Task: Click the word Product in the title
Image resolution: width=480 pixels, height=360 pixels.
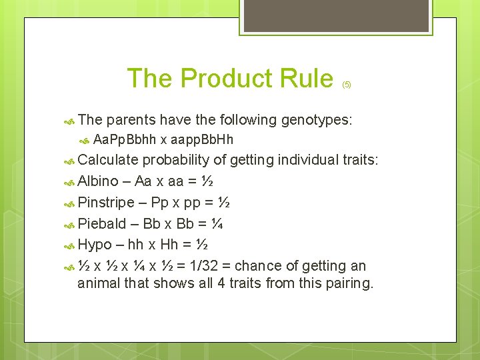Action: click(229, 79)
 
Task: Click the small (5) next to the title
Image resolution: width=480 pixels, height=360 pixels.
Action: click(347, 85)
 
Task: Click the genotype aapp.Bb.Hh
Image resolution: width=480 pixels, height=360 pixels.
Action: click(203, 139)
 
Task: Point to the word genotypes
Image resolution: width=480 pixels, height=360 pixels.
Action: click(317, 120)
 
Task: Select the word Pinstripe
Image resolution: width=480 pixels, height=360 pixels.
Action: click(107, 202)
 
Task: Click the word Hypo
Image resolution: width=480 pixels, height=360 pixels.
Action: click(95, 245)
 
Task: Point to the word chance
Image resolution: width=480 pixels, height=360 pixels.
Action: click(267, 266)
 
